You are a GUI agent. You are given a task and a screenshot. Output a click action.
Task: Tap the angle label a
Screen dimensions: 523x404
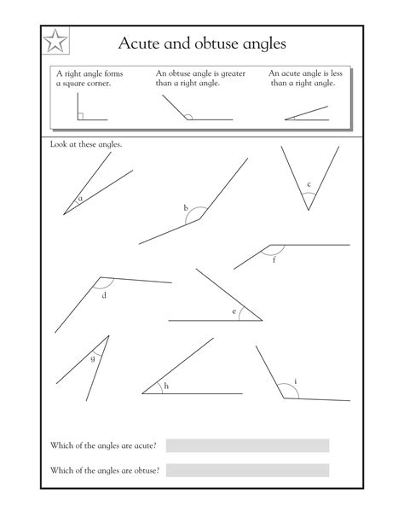click(80, 200)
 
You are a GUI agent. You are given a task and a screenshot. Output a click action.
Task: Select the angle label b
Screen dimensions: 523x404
click(185, 208)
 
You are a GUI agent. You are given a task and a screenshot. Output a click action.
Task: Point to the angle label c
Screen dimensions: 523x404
click(309, 184)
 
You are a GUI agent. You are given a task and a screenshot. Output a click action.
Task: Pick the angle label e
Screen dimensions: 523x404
click(234, 311)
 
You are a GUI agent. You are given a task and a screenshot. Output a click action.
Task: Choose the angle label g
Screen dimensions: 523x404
click(92, 358)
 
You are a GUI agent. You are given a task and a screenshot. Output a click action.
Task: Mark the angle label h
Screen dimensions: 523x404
click(166, 386)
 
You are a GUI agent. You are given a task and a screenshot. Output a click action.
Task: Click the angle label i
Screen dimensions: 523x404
click(295, 381)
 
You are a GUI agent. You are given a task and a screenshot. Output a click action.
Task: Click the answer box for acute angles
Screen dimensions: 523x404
click(247, 445)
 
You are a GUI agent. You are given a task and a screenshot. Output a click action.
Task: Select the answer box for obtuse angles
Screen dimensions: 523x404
click(247, 470)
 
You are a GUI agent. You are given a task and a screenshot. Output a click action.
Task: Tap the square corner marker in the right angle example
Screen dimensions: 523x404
click(80, 115)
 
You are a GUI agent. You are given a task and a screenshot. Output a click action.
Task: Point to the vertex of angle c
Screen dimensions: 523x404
click(308, 209)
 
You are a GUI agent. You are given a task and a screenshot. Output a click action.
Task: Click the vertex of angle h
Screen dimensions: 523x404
click(142, 393)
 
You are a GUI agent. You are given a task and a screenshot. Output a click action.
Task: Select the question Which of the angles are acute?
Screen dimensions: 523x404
click(102, 446)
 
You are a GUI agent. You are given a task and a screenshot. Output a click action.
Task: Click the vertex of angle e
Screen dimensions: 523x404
click(263, 320)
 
